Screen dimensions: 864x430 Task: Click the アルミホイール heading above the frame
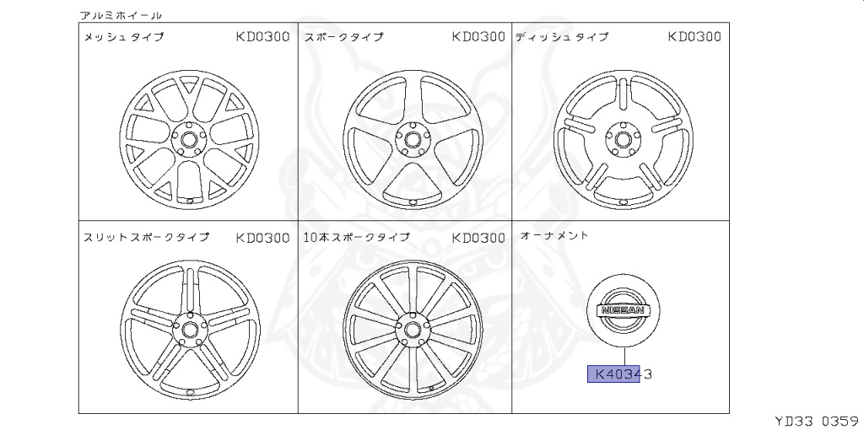click(121, 15)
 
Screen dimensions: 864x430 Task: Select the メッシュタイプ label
click(124, 37)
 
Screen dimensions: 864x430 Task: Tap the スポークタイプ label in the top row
click(343, 37)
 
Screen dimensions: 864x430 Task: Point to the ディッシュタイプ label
click(562, 37)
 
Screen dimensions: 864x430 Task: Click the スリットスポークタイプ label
click(146, 237)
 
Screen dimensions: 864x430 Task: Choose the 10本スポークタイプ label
click(357, 237)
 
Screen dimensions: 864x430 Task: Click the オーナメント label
click(554, 235)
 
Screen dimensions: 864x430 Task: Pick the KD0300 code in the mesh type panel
click(263, 37)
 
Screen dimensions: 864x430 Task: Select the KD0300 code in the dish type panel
click(694, 37)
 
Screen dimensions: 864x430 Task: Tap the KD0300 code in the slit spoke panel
click(263, 238)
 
